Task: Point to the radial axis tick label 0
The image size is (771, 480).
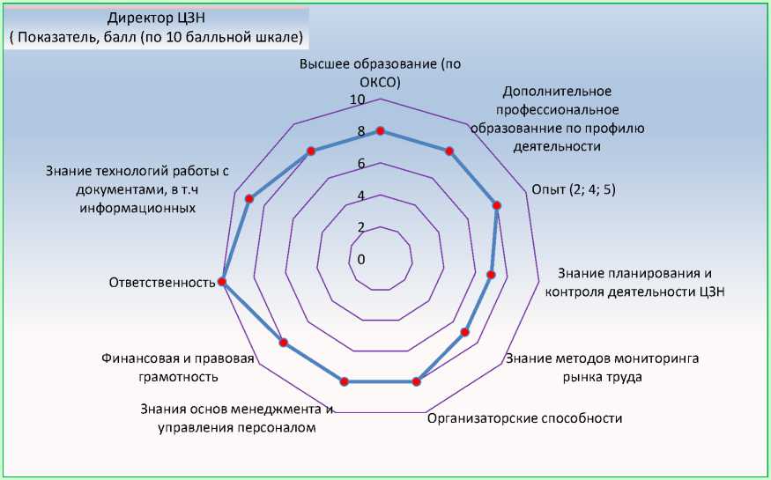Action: [x=360, y=259]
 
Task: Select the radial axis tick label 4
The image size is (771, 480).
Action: [x=360, y=196]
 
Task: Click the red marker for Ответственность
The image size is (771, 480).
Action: [x=222, y=282]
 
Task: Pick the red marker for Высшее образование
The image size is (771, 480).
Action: [x=381, y=130]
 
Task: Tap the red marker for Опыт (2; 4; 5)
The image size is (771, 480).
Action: [x=497, y=205]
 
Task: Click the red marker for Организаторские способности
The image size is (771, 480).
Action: [x=417, y=381]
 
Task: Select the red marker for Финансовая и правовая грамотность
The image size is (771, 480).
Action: [x=284, y=343]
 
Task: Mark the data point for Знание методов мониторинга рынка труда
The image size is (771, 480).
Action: [x=465, y=332]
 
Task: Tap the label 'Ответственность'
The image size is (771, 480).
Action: [x=162, y=283]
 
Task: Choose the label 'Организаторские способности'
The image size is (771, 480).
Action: [x=524, y=418]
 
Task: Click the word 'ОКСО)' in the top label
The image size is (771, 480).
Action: [x=381, y=83]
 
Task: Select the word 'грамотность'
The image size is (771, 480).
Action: [x=177, y=376]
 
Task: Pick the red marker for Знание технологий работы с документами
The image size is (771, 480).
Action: [x=249, y=199]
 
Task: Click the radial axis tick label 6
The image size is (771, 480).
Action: [x=360, y=164]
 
